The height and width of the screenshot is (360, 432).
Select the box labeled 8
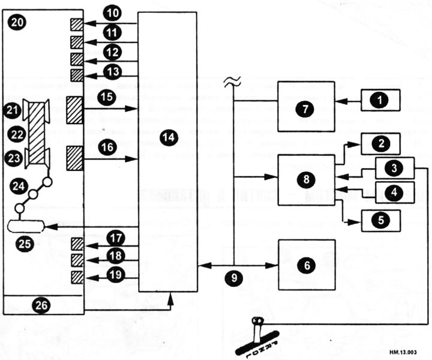pos(305,179)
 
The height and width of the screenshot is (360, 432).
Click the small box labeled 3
pos(394,168)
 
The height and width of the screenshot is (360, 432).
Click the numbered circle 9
pos(234,278)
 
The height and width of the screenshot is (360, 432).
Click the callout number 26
pos(41,305)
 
